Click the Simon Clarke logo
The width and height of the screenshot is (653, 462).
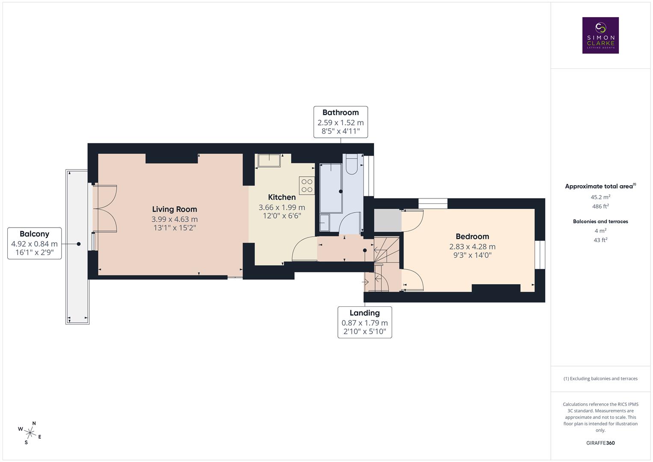pyautogui.click(x=600, y=35)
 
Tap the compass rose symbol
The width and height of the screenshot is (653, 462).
pyautogui.click(x=30, y=432)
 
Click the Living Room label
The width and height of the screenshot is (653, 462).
pyautogui.click(x=174, y=209)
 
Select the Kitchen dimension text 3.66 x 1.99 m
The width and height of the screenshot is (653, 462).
pyautogui.click(x=282, y=207)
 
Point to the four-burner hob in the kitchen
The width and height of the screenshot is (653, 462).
pyautogui.click(x=307, y=186)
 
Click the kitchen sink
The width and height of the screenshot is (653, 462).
pyautogui.click(x=269, y=160)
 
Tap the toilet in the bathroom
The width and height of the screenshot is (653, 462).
pyautogui.click(x=352, y=164)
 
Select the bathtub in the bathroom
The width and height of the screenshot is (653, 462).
pyautogui.click(x=331, y=188)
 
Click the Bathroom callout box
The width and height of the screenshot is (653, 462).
pyautogui.click(x=340, y=122)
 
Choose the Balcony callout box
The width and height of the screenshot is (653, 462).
pyautogui.click(x=34, y=243)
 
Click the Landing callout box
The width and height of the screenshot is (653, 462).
pyautogui.click(x=364, y=322)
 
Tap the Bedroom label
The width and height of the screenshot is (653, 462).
pyautogui.click(x=472, y=237)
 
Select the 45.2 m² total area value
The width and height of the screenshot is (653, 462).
pyautogui.click(x=600, y=197)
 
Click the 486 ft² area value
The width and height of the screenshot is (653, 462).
pyautogui.click(x=600, y=206)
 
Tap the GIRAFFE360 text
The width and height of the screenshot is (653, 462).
pyautogui.click(x=600, y=443)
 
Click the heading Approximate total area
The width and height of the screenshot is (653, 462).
pyautogui.click(x=600, y=186)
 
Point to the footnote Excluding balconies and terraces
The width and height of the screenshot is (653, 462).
pyautogui.click(x=600, y=379)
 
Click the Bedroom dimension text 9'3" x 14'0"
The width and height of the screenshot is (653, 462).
pyautogui.click(x=472, y=255)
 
